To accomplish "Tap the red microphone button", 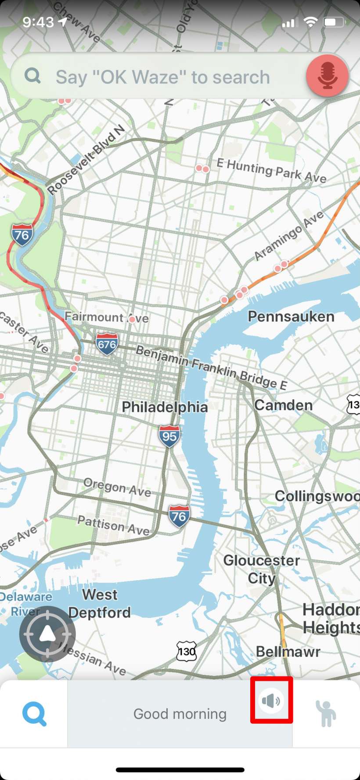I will [328, 76].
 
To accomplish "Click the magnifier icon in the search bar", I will [33, 76].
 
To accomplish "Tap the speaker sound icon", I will [271, 701].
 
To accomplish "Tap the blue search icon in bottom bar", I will [34, 714].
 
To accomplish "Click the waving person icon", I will [326, 714].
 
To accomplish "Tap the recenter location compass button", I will [47, 634].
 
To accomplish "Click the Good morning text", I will [180, 714].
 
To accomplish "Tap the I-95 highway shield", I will [169, 436].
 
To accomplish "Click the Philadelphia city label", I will [165, 407].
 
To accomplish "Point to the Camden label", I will [283, 405].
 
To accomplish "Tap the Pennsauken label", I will [291, 316].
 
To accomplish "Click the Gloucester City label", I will [262, 569].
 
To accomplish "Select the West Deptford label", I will [100, 603].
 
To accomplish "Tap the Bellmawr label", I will [288, 651].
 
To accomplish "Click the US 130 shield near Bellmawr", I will [186, 651].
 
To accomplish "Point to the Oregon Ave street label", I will [117, 487].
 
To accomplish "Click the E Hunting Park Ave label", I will [271, 171].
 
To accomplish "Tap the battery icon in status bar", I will [334, 22].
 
